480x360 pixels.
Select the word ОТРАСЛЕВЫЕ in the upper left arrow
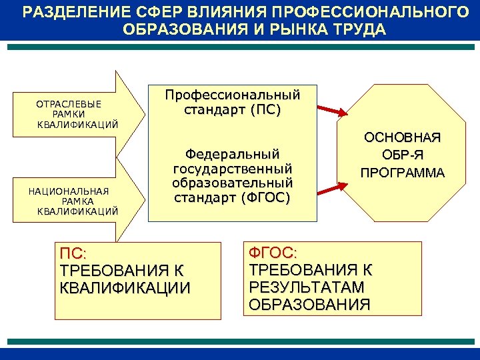[69, 105]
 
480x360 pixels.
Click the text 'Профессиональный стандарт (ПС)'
[233, 101]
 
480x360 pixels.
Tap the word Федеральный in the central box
[233, 153]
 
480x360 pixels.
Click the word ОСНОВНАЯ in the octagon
[402, 138]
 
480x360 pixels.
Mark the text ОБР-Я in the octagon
[402, 156]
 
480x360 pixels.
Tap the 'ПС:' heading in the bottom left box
[73, 254]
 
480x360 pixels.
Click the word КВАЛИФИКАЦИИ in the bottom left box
[125, 288]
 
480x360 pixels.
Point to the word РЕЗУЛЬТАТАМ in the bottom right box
[306, 287]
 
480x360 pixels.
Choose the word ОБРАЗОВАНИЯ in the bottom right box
[309, 305]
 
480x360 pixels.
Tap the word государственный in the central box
[233, 168]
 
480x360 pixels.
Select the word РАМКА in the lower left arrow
[77, 201]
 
